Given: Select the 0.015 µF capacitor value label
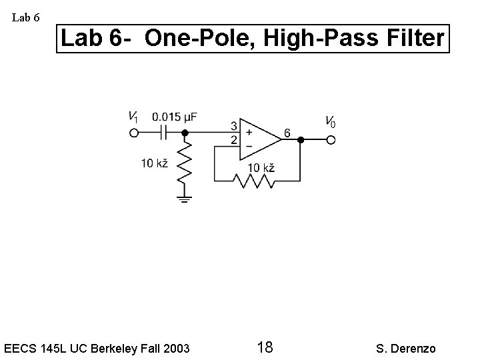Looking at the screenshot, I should [x=174, y=117].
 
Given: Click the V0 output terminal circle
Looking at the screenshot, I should [x=330, y=140].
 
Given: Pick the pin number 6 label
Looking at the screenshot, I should [x=287, y=133].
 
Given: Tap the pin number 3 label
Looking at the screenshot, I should [x=233, y=126].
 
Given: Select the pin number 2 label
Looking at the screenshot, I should [x=233, y=140].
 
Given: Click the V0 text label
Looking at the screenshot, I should [x=330, y=122].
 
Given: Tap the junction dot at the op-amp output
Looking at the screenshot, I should [x=301, y=140].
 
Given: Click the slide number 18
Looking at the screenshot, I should [x=264, y=347].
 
